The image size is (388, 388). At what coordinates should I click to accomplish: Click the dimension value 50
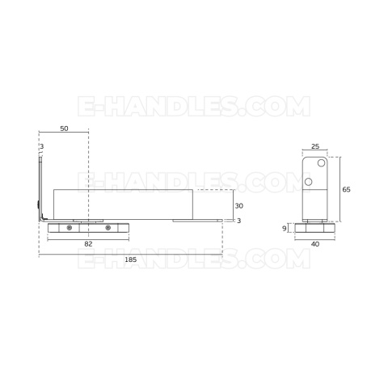(64, 129)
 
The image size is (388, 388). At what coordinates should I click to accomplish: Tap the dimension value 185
(131, 259)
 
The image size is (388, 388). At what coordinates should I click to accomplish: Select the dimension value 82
(88, 244)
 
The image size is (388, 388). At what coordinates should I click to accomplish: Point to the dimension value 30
(239, 206)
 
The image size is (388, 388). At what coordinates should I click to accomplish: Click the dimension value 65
(346, 190)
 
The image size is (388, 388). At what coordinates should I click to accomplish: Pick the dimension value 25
(315, 146)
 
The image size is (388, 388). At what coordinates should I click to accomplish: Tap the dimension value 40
(315, 244)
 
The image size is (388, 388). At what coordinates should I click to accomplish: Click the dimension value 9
(285, 229)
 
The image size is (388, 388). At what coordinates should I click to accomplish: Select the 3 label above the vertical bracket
(42, 147)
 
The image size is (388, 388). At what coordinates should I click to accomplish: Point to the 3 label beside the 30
(238, 221)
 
